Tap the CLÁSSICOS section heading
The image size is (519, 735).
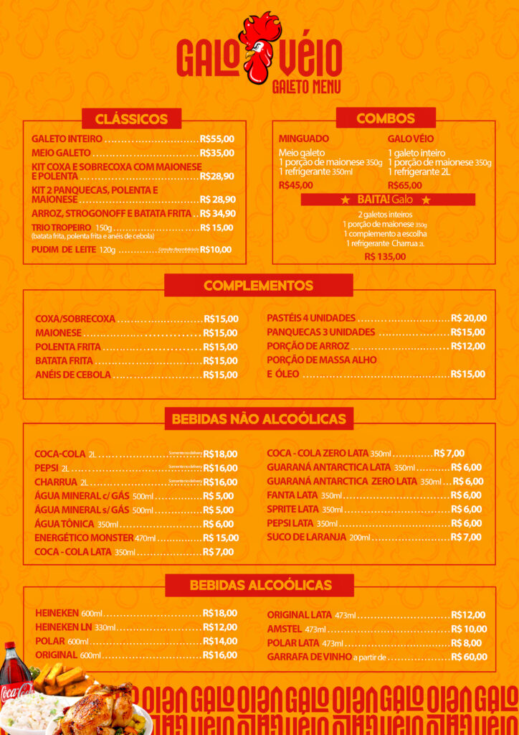(x=131, y=119)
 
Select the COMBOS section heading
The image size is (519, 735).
(x=386, y=118)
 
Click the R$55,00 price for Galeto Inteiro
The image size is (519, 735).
(x=217, y=139)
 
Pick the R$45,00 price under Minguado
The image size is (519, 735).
(x=296, y=185)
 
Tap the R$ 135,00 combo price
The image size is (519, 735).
(x=385, y=256)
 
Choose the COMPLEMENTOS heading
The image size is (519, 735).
(x=258, y=286)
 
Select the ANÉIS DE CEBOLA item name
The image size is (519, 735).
(x=73, y=375)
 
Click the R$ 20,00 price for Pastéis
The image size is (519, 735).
(x=469, y=318)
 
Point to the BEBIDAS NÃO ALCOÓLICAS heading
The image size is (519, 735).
(x=259, y=418)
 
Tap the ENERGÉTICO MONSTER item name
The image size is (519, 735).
(x=84, y=538)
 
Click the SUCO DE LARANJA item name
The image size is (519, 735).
(x=307, y=537)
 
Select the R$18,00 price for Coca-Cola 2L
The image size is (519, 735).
(x=220, y=454)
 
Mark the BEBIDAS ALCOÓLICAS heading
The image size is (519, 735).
(x=260, y=586)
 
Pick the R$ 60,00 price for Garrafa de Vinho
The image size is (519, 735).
(x=469, y=657)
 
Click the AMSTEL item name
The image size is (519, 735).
(x=285, y=629)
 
